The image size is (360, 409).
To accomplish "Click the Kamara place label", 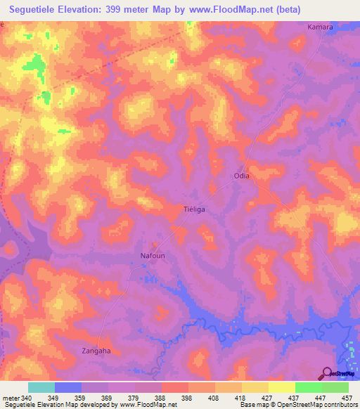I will point(320,27).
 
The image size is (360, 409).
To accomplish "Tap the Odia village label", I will point(241,176).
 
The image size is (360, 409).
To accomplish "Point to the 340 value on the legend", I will point(27,397).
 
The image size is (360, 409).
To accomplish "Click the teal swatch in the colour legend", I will point(41,387).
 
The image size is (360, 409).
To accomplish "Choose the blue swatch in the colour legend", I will point(68,387).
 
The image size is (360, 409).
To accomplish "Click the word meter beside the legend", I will point(10,397).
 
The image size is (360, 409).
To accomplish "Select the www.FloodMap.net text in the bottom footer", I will point(148,405).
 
